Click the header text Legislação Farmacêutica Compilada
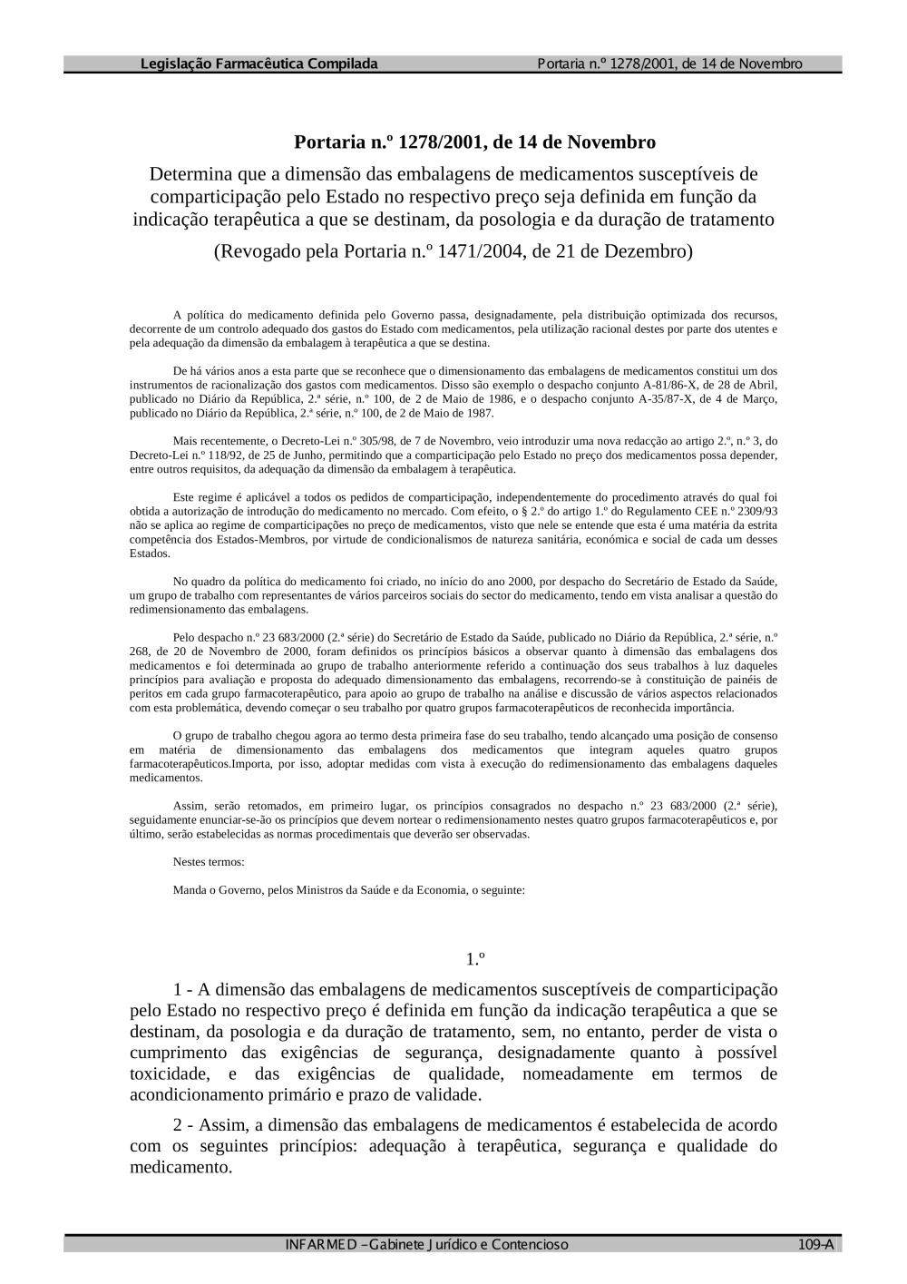[258, 64]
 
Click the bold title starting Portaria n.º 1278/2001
[474, 142]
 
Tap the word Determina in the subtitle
[190, 173]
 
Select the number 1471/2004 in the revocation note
[479, 250]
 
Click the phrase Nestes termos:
[209, 861]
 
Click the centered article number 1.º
[475, 959]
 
